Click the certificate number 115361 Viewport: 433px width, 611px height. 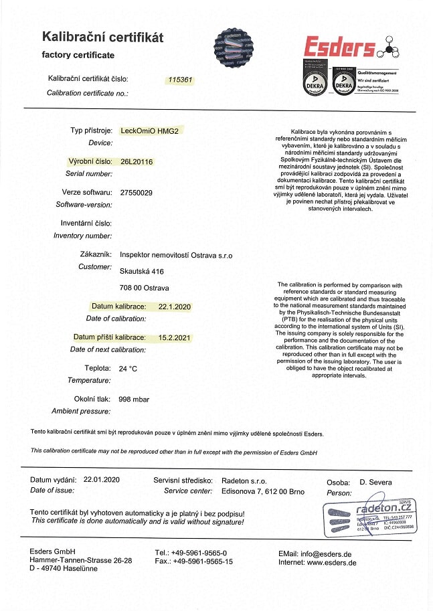coord(181,79)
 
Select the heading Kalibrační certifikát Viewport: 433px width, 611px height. coord(102,37)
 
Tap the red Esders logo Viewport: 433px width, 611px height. coord(339,48)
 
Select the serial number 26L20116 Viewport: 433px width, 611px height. coord(137,161)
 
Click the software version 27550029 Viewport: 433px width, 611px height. coord(136,193)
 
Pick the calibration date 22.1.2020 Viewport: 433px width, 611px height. coord(175,307)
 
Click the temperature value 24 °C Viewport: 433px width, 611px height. coord(128,368)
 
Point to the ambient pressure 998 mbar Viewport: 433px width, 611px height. coord(134,399)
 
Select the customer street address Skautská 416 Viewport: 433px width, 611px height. coord(141,271)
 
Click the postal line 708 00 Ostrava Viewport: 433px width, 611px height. coord(144,288)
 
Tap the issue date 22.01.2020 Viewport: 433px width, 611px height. coord(102,481)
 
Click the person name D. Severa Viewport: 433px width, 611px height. coord(376,482)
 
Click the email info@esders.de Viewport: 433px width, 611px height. coord(327,553)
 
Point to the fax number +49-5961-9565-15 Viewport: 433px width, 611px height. coord(203,561)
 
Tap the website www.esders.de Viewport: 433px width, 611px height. coord(331,562)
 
